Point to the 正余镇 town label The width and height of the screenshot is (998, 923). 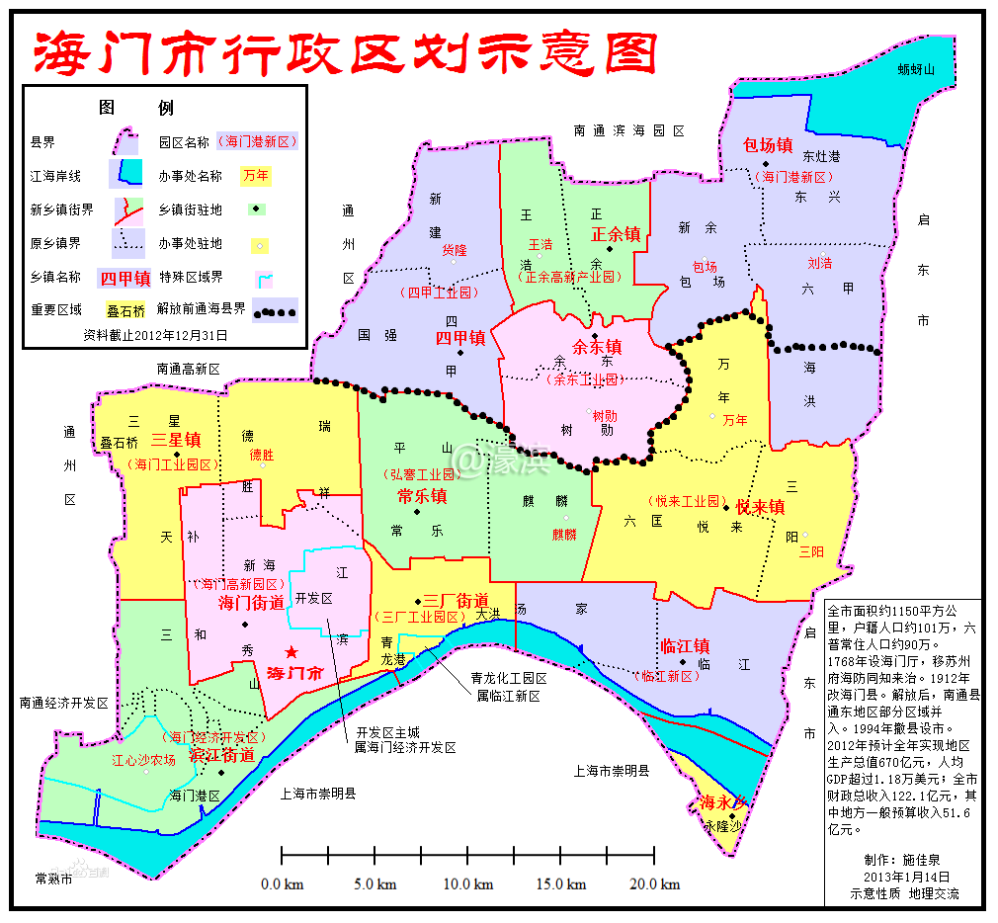coord(616,234)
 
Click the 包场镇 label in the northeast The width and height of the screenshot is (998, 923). coord(767,145)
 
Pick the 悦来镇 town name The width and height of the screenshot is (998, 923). coord(760,507)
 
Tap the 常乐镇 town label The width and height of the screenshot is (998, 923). coord(422,495)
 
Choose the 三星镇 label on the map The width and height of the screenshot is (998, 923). coord(176,441)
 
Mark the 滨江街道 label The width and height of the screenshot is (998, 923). coord(221,755)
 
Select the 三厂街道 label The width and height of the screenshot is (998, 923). coord(456,600)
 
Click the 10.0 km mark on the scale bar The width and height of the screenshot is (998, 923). coord(468,883)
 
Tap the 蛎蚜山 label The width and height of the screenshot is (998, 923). coord(916,69)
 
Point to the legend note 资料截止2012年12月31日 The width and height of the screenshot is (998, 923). coord(155,335)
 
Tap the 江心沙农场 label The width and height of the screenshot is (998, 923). coord(143,760)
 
